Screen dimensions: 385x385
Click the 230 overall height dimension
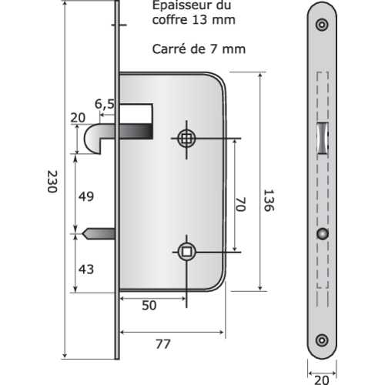point(52,182)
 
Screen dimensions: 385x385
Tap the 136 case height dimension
point(269,200)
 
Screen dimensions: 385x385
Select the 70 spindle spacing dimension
point(240,204)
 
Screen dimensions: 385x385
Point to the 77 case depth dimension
point(163,344)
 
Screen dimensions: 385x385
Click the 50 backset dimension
point(149,305)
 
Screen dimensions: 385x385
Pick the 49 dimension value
point(86,196)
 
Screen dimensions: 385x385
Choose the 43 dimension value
point(86,269)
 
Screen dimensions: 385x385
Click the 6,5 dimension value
point(105,104)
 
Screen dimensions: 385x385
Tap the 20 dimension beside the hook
point(78,118)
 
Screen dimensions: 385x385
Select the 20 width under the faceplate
point(322,380)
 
